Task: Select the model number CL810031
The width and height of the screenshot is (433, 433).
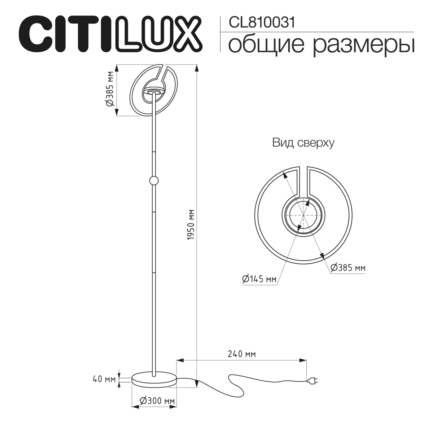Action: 262,23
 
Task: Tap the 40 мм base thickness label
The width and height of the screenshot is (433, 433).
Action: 104,379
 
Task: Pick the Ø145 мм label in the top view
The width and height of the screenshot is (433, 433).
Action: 259,279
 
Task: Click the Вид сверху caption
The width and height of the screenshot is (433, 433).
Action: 303,143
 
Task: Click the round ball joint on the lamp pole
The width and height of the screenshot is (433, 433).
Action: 153,180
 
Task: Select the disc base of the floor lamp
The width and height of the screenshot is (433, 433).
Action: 154,379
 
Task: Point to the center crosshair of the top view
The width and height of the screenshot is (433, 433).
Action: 303,215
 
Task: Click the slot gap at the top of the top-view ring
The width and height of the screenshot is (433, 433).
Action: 303,180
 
